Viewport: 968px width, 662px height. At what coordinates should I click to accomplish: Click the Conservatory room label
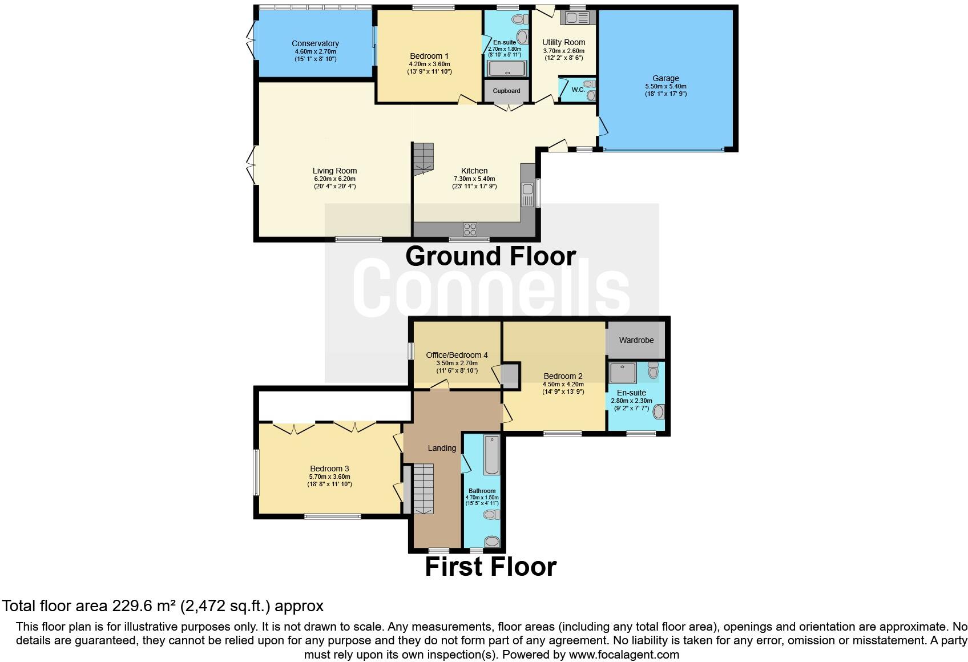pos(315,43)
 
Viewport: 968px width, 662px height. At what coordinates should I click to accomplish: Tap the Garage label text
pos(665,78)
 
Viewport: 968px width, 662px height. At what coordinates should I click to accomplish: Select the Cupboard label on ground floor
pos(506,91)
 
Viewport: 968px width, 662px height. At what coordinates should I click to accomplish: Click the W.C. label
pos(578,90)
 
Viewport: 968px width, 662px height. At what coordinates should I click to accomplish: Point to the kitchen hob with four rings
pos(470,229)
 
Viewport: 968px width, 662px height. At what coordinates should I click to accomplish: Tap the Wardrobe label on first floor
pos(636,340)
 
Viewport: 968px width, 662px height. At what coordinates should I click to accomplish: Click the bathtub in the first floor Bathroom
pos(491,455)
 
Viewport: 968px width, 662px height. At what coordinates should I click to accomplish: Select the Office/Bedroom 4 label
pos(457,355)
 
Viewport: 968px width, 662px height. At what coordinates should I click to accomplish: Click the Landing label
pos(442,448)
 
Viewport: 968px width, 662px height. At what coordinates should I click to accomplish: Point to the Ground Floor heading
pos(490,256)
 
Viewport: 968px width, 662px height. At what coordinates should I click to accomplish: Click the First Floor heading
pos(490,567)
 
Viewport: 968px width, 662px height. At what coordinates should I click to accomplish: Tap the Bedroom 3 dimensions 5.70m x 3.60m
pos(329,477)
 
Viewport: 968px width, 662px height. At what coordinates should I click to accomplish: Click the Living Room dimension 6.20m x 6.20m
pos(334,179)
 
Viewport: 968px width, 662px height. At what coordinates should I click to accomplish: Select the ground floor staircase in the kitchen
pos(424,159)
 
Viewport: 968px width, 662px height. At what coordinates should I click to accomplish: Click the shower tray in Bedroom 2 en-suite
pos(623,373)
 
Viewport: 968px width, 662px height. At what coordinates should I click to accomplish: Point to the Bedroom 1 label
pos(429,56)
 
